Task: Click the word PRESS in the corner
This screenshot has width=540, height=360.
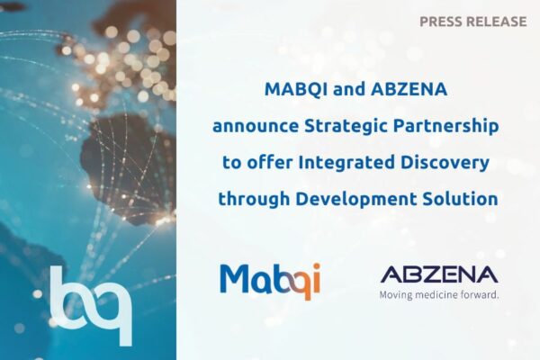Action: click(441, 21)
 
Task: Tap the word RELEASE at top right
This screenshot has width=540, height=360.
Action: click(496, 21)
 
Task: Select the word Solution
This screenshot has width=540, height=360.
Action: click(459, 195)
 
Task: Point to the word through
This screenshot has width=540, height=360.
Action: click(253, 195)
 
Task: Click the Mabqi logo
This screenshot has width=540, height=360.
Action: click(270, 279)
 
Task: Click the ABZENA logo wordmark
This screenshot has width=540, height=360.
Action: click(439, 273)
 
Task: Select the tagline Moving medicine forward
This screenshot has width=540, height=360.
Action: click(439, 293)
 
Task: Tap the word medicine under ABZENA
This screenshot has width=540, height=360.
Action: click(436, 293)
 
